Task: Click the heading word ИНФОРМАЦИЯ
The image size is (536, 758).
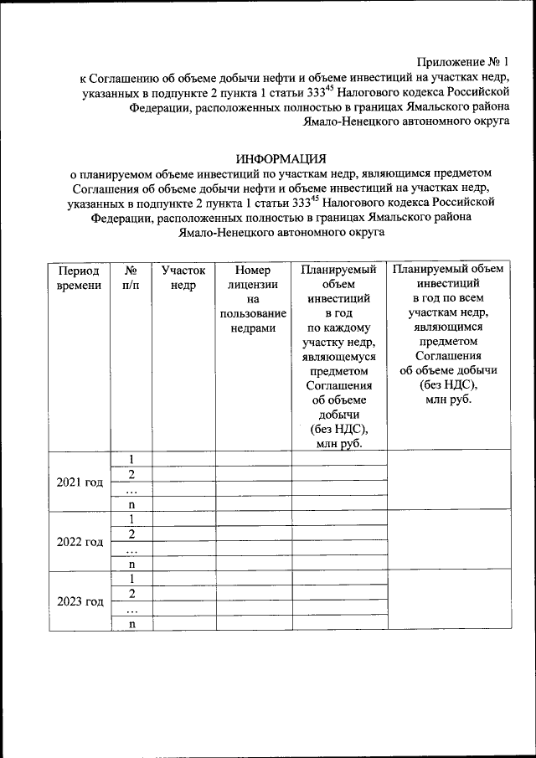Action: coord(280,158)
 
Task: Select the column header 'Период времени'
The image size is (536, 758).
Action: coord(78,278)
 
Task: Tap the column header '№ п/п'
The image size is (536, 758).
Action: coord(131,278)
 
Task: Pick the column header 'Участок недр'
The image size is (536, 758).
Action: coord(183,278)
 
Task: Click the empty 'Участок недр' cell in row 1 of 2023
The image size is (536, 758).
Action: coord(183,579)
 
